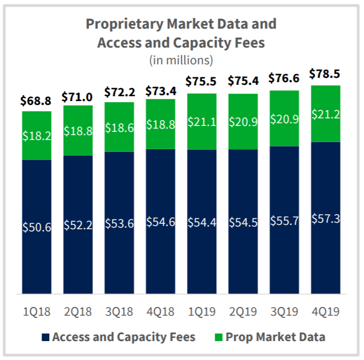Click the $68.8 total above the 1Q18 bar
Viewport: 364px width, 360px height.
tap(37, 101)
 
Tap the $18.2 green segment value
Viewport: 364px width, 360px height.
tap(37, 136)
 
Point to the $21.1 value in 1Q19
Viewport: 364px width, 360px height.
tap(202, 122)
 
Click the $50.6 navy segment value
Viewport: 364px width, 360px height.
tap(37, 228)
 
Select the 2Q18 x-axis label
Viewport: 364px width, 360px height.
tap(78, 312)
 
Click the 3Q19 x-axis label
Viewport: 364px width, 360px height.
tap(284, 312)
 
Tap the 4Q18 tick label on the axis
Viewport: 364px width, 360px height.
tap(161, 312)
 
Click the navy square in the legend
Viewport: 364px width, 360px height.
tap(45, 338)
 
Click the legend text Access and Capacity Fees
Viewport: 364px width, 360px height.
tap(123, 338)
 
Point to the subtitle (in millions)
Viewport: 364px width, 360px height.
tap(181, 59)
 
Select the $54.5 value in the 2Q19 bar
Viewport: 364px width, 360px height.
tap(243, 223)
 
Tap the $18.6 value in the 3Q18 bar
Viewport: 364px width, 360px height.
tap(119, 129)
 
